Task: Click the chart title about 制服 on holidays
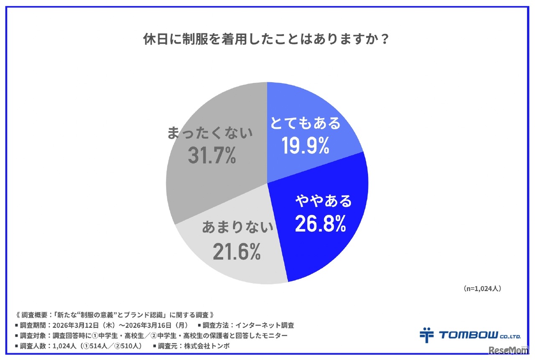(x=267, y=41)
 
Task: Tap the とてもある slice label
(x=305, y=123)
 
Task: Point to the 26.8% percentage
(x=321, y=223)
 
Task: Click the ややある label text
(x=324, y=202)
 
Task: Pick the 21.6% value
(x=237, y=252)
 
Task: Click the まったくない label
(x=210, y=133)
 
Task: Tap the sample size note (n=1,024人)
(x=482, y=289)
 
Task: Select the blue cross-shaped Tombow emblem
(x=426, y=335)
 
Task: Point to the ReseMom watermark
(x=507, y=350)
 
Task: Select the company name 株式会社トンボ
(x=214, y=346)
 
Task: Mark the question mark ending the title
(x=385, y=41)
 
